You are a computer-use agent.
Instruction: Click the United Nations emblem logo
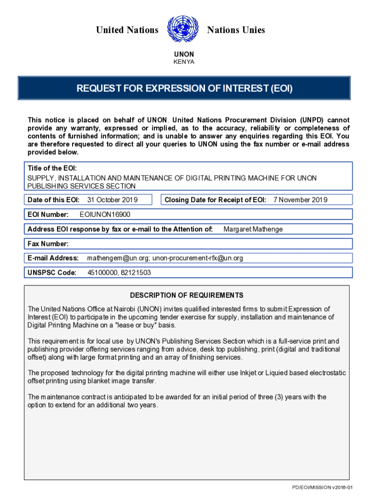coord(183,30)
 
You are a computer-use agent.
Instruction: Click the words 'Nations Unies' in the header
coord(236,30)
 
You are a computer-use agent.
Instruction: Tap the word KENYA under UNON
coord(184,62)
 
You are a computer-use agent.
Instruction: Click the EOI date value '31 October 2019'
coord(112,200)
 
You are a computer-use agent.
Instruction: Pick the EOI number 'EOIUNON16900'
coord(105,214)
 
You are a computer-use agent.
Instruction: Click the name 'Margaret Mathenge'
coord(253,229)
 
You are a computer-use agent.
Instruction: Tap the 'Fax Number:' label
coord(48,244)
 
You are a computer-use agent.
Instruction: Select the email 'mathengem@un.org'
coord(113,258)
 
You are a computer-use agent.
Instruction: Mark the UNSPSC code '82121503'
coord(136,272)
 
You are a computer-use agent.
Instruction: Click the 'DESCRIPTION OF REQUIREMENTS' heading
coord(187,295)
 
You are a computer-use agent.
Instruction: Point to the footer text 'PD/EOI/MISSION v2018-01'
coord(322,488)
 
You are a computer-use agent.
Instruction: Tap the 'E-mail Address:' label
coord(53,258)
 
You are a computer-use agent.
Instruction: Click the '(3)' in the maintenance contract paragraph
coord(284,397)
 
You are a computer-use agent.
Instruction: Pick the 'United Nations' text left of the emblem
coord(127,30)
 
